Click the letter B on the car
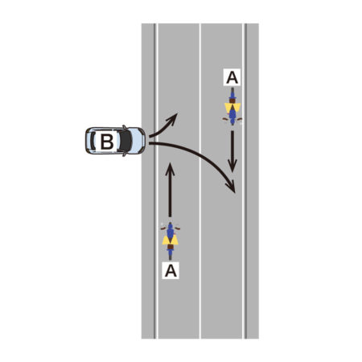[x=107, y=142]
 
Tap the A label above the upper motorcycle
[x=232, y=77]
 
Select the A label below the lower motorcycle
[x=171, y=270]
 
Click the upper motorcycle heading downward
[x=232, y=106]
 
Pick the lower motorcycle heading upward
[x=171, y=241]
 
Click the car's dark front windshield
[x=125, y=141]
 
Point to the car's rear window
[x=93, y=141]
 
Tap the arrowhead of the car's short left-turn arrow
[x=172, y=118]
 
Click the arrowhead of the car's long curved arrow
[x=231, y=187]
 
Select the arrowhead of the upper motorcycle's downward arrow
[x=232, y=166]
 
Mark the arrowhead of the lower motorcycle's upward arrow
[x=170, y=169]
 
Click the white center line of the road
[x=200, y=181]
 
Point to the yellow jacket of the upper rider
[x=232, y=108]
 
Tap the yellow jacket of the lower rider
[x=171, y=240]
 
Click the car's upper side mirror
[x=124, y=127]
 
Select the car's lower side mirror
[x=124, y=154]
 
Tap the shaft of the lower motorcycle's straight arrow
[x=170, y=195]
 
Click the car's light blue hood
[x=138, y=141]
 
